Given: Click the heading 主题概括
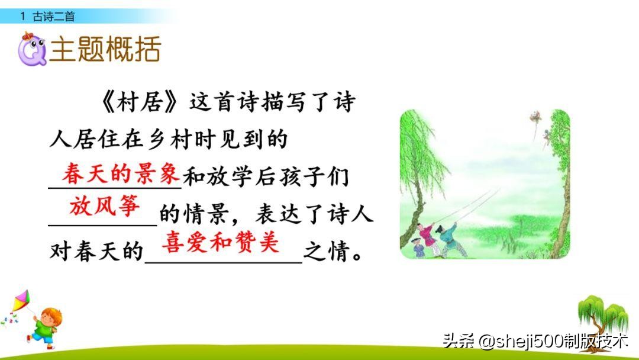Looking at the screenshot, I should pyautogui.click(x=105, y=50).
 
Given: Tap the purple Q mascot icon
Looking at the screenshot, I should pyautogui.click(x=31, y=50).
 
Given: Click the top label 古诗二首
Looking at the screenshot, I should pyautogui.click(x=54, y=17).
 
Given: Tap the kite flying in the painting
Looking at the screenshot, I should pyautogui.click(x=535, y=117).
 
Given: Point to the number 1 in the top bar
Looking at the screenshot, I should pyautogui.click(x=22, y=17).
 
